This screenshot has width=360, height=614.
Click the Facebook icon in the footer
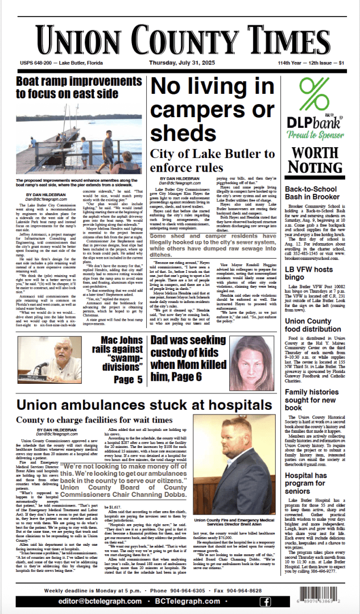pos(265,602)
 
